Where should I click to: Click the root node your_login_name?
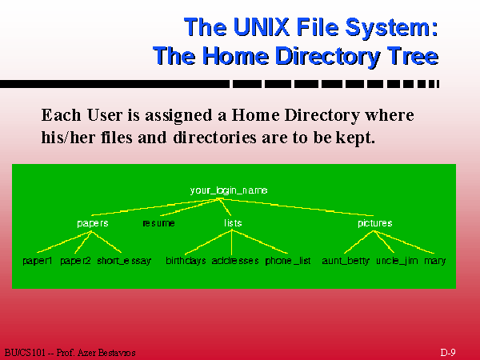(229, 190)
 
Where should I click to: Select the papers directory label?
(93, 223)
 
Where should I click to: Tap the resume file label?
(158, 223)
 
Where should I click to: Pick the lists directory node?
(233, 223)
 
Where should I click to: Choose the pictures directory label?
(375, 223)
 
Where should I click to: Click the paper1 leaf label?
(38, 261)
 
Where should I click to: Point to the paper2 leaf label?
(75, 261)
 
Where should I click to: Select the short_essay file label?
(124, 261)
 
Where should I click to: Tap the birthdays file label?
(186, 261)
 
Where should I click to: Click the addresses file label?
(235, 261)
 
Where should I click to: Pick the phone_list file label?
(288, 261)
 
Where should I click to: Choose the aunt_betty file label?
(346, 261)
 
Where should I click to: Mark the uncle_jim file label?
(397, 261)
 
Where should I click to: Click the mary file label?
(434, 261)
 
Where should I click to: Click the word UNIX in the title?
(261, 27)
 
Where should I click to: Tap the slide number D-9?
(448, 352)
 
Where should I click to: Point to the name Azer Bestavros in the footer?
(106, 353)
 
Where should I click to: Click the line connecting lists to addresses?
(232, 242)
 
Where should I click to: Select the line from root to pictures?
(296, 207)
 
